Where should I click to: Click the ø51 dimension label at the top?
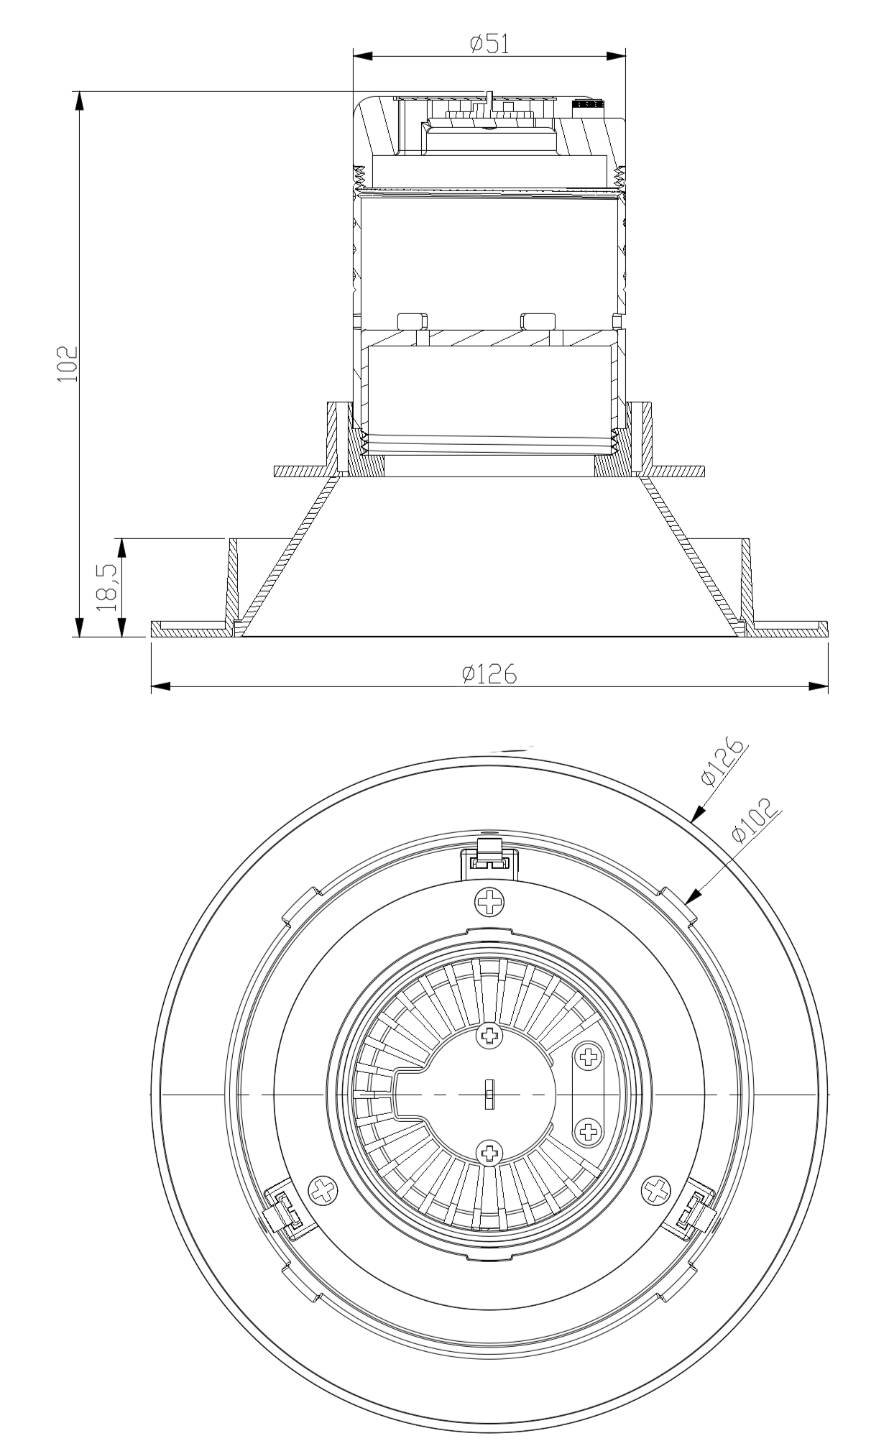[x=489, y=44]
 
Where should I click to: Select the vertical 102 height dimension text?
[x=68, y=364]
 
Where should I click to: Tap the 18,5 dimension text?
[x=106, y=587]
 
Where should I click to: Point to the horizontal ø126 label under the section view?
[x=489, y=674]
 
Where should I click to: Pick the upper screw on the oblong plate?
[x=589, y=1056]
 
